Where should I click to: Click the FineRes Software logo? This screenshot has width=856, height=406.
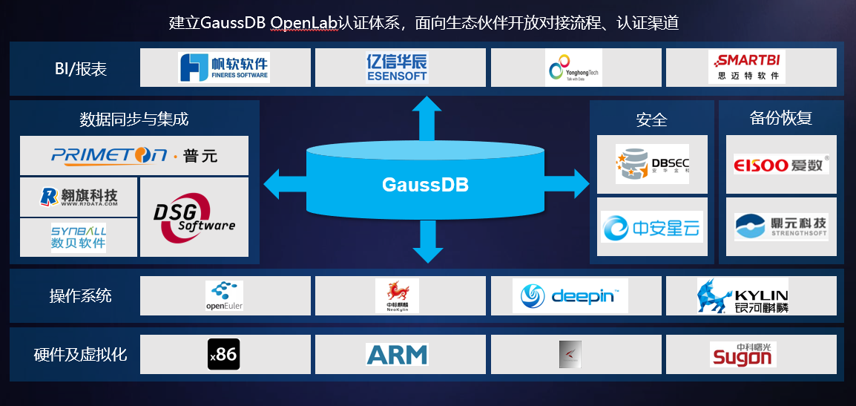[x=224, y=67]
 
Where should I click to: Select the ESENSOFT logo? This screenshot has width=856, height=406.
[x=397, y=67]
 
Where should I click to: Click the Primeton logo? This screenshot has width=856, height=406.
[x=134, y=156]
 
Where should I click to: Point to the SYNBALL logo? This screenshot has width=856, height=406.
[x=79, y=237]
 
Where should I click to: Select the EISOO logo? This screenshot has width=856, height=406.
[x=780, y=164]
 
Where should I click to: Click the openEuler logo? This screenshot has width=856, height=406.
[x=225, y=295]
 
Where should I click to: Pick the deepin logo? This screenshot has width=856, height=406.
[x=570, y=295]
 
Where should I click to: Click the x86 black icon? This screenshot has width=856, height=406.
[x=223, y=354]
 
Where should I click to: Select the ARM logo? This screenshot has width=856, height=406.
[x=397, y=354]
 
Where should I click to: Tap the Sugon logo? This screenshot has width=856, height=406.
[x=743, y=354]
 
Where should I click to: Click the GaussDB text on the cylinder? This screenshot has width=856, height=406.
[x=425, y=184]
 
